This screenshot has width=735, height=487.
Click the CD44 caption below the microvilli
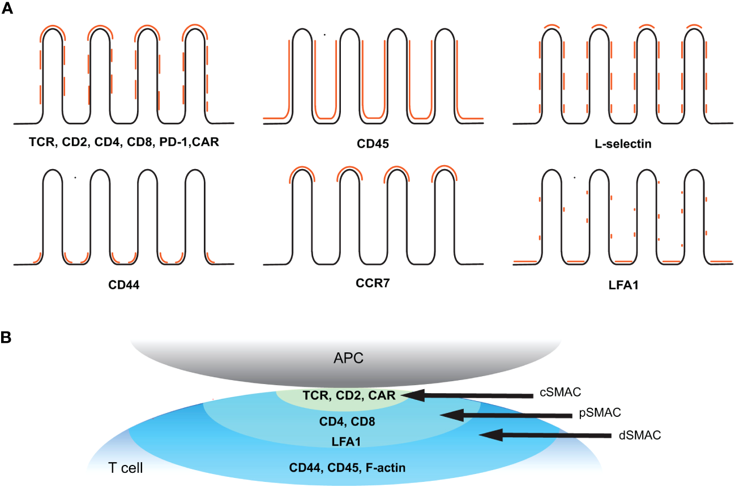point(124,285)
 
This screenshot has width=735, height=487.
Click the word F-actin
point(384,468)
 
